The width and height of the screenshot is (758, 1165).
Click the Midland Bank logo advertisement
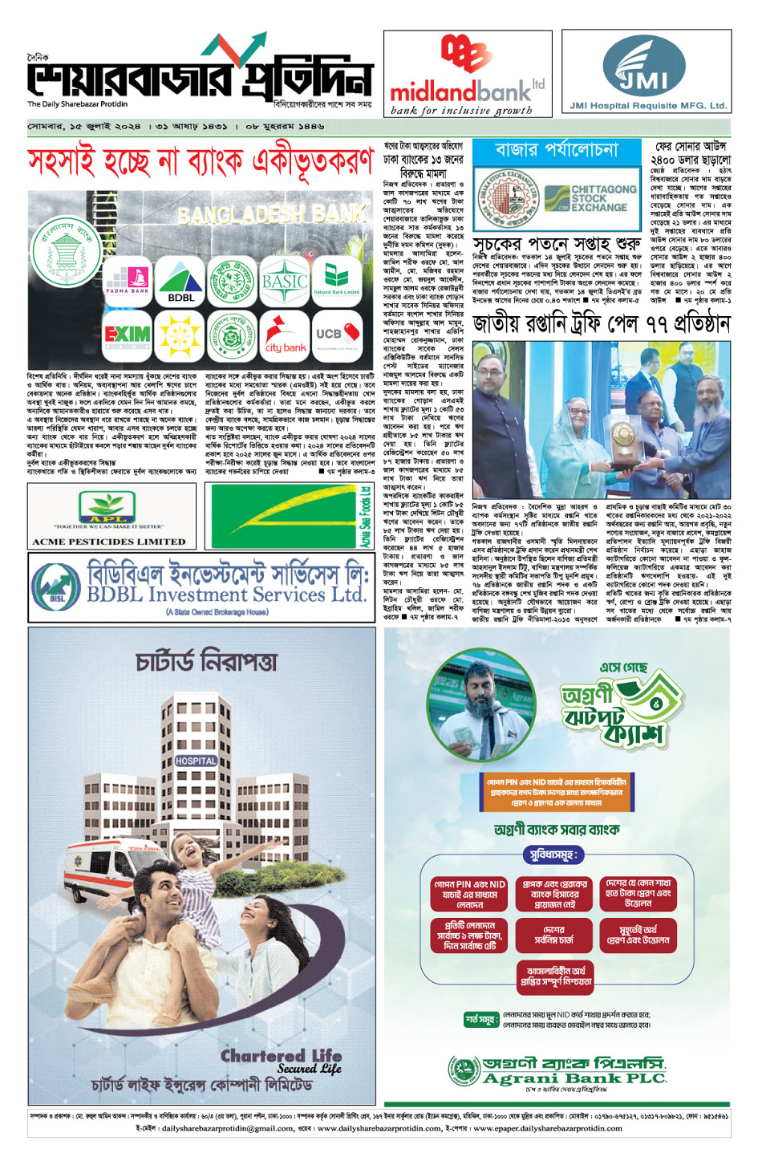pyautogui.click(x=468, y=75)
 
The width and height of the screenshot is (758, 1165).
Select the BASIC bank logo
pyautogui.click(x=285, y=282)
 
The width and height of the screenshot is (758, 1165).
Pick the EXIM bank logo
pyautogui.click(x=128, y=333)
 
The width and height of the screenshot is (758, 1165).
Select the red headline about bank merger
pyautogui.click(x=201, y=163)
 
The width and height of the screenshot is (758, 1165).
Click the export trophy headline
pyautogui.click(x=601, y=323)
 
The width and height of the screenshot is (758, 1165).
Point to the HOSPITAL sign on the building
pyautogui.click(x=196, y=760)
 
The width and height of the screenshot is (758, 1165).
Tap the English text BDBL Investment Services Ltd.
pyautogui.click(x=226, y=595)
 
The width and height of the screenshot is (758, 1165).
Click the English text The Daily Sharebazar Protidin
pyautogui.click(x=77, y=104)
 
